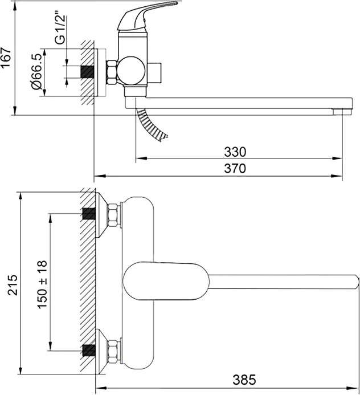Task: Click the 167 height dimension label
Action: [6, 57]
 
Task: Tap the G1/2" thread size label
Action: [61, 30]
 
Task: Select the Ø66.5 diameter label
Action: [37, 72]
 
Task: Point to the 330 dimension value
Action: [235, 152]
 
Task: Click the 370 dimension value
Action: [235, 168]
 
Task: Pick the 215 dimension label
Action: [13, 285]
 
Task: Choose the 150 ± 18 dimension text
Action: [42, 284]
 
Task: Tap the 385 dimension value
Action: [244, 380]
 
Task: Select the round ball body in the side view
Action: [132, 70]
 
